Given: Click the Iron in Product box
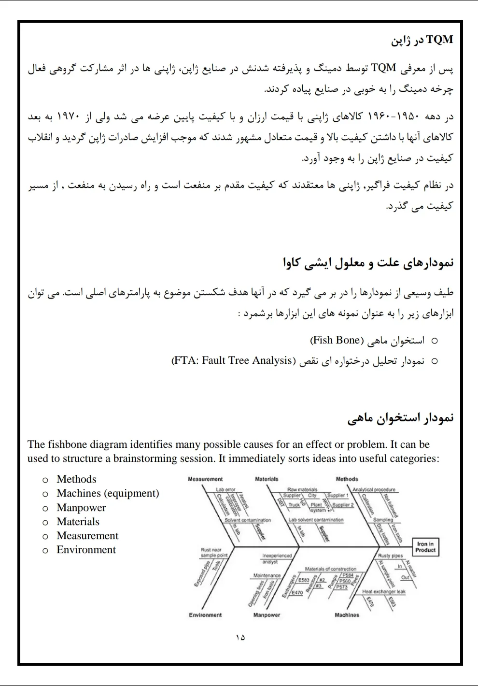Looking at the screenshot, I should coord(425,547).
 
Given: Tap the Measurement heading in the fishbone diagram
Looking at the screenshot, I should coord(205,479).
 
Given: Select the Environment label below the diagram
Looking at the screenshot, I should coord(205,615).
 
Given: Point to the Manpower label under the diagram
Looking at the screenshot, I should coord(267,615).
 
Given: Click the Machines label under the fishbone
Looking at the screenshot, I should coord(347,615).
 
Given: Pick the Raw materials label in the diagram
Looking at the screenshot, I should coord(302,490).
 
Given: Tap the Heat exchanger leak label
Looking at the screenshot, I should coord(384,591).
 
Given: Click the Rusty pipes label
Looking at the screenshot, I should coord(390,556).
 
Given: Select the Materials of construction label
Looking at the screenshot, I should coord(330,569).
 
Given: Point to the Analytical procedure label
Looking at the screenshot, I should coord(374,490).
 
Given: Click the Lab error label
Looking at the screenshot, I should coord(225,490).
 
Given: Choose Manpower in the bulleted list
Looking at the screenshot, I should coord(81,508).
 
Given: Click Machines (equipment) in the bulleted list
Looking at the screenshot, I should coord(108,493).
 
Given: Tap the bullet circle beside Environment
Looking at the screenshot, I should coord(45,550).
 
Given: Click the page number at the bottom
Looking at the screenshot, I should coord(240,638).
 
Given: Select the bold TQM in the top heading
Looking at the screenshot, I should coord(440,40).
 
